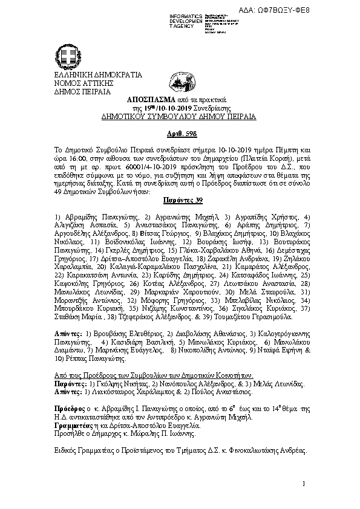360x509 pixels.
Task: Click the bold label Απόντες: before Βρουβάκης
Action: tap(67, 334)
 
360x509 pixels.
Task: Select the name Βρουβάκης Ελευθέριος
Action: tap(121, 334)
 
